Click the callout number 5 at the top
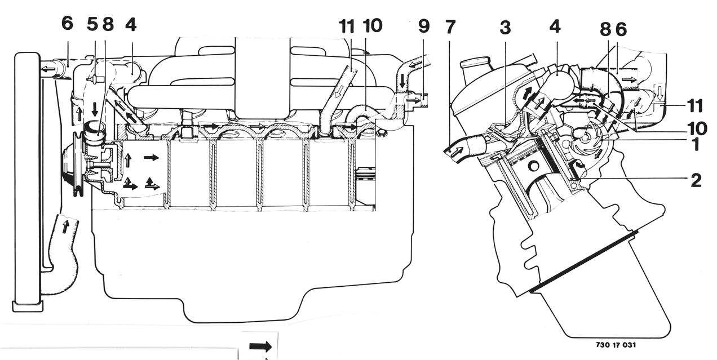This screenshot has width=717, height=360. point(92,25)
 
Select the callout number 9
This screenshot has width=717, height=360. point(424,26)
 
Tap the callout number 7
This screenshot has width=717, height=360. point(450,27)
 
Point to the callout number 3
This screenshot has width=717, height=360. point(506,28)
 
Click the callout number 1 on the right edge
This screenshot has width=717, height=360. point(695,144)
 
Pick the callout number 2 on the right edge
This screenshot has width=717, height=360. point(696,180)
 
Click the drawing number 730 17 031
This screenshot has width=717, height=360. point(616,345)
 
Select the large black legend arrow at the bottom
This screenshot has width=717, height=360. point(260,346)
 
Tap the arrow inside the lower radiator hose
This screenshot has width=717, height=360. point(65,226)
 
